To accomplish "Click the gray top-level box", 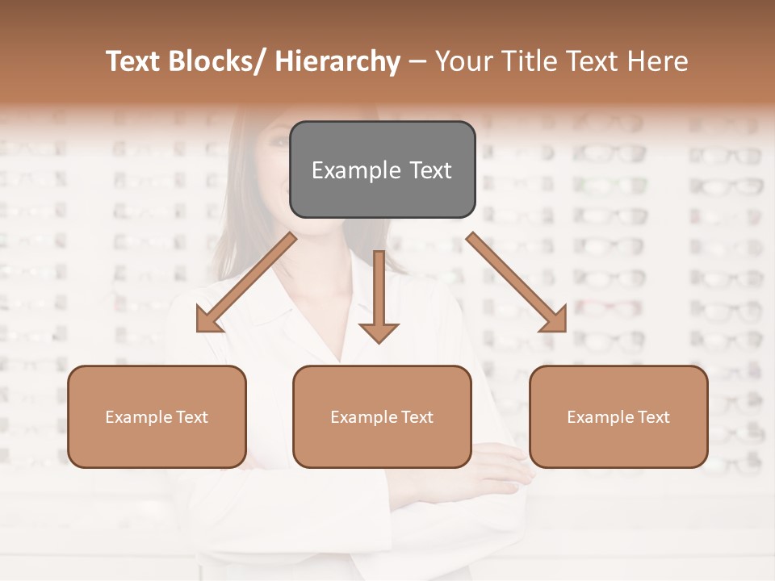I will (382, 169).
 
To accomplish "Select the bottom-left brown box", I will (157, 416).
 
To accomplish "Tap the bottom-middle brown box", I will (382, 416).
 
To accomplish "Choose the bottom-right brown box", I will (618, 416).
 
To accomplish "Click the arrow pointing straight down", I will (379, 295).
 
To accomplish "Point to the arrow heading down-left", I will (246, 282).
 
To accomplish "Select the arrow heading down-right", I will (517, 282).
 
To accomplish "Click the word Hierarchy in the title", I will (337, 61).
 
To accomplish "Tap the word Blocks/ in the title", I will (213, 61).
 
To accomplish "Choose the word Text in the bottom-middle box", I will (417, 417).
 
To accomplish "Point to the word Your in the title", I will (462, 61).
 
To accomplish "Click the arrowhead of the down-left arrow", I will (208, 320).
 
